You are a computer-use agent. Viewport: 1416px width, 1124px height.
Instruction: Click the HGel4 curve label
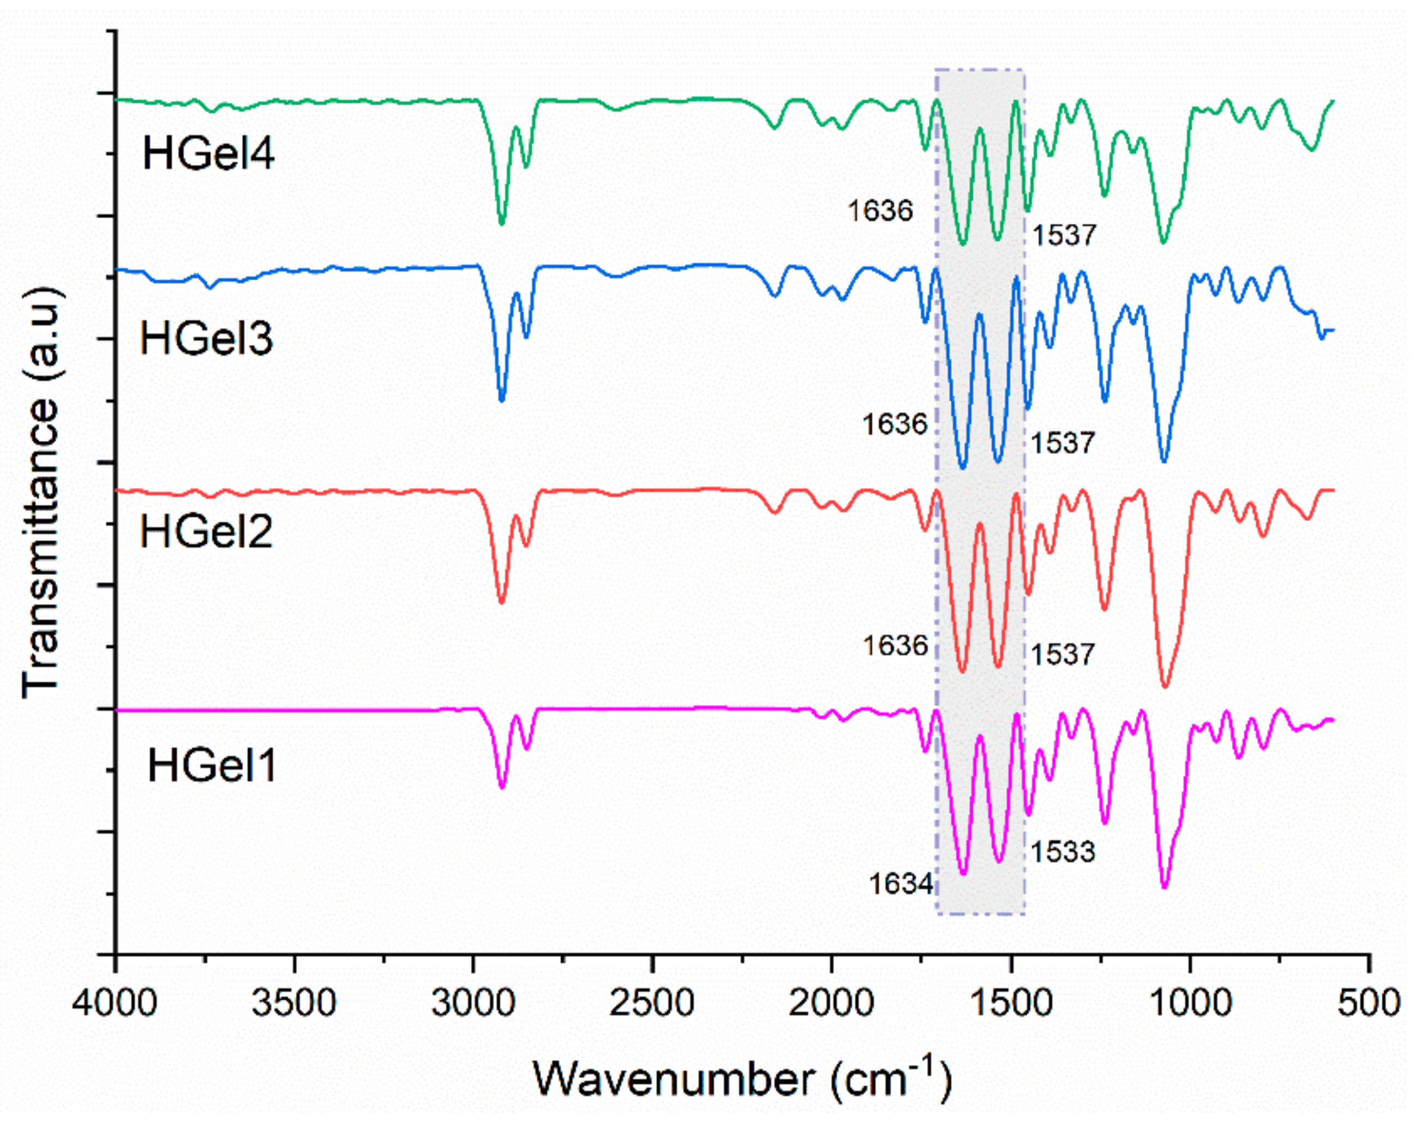(x=208, y=154)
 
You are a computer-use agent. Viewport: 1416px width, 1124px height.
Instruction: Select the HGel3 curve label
(x=206, y=339)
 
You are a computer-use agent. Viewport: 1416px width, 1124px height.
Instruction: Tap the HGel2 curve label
(x=206, y=531)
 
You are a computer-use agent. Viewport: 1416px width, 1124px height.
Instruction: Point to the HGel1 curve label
(x=212, y=766)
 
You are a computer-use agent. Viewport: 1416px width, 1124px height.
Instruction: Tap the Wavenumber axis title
(x=742, y=1078)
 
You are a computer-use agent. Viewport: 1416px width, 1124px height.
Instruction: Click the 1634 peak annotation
(x=901, y=884)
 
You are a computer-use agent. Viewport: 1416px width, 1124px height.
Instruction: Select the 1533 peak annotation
(x=1063, y=851)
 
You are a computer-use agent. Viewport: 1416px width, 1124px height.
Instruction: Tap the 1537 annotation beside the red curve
(x=1063, y=654)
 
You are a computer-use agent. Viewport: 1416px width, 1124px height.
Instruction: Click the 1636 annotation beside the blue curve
(x=895, y=425)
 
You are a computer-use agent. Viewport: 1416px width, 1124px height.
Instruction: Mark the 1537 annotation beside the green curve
(x=1064, y=235)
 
